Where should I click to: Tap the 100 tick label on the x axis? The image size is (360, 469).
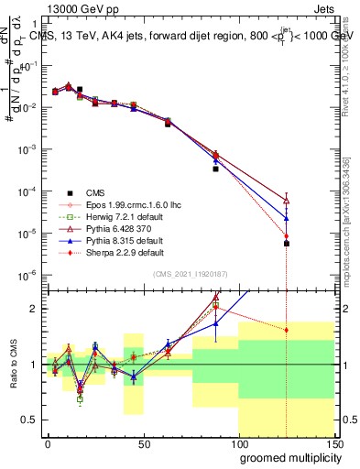(x=238, y=442)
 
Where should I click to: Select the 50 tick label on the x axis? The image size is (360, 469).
(x=143, y=442)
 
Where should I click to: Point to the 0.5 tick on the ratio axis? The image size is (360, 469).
(x=31, y=420)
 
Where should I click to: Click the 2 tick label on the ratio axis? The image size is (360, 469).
(x=35, y=309)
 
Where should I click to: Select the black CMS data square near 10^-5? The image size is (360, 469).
(x=287, y=244)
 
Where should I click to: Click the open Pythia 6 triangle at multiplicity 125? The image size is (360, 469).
(x=287, y=201)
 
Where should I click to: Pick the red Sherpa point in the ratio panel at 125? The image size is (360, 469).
(x=287, y=330)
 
